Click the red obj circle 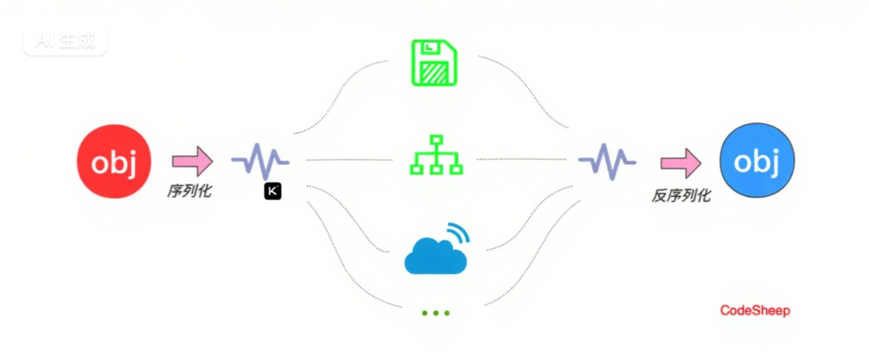tap(114, 161)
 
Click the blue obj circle tap(757, 161)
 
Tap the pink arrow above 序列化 tap(192, 161)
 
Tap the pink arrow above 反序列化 tap(681, 163)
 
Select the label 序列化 tap(189, 191)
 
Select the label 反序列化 tap(681, 195)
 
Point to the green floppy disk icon tap(434, 63)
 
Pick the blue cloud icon tap(435, 257)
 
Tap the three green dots tap(435, 313)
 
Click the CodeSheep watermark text tap(755, 311)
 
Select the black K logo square tap(273, 191)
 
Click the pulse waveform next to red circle tap(260, 161)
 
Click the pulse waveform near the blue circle tap(607, 161)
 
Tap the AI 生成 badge tap(65, 41)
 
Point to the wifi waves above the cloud tap(459, 232)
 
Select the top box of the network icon tap(436, 140)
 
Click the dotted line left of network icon tap(349, 160)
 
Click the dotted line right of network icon tap(521, 159)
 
